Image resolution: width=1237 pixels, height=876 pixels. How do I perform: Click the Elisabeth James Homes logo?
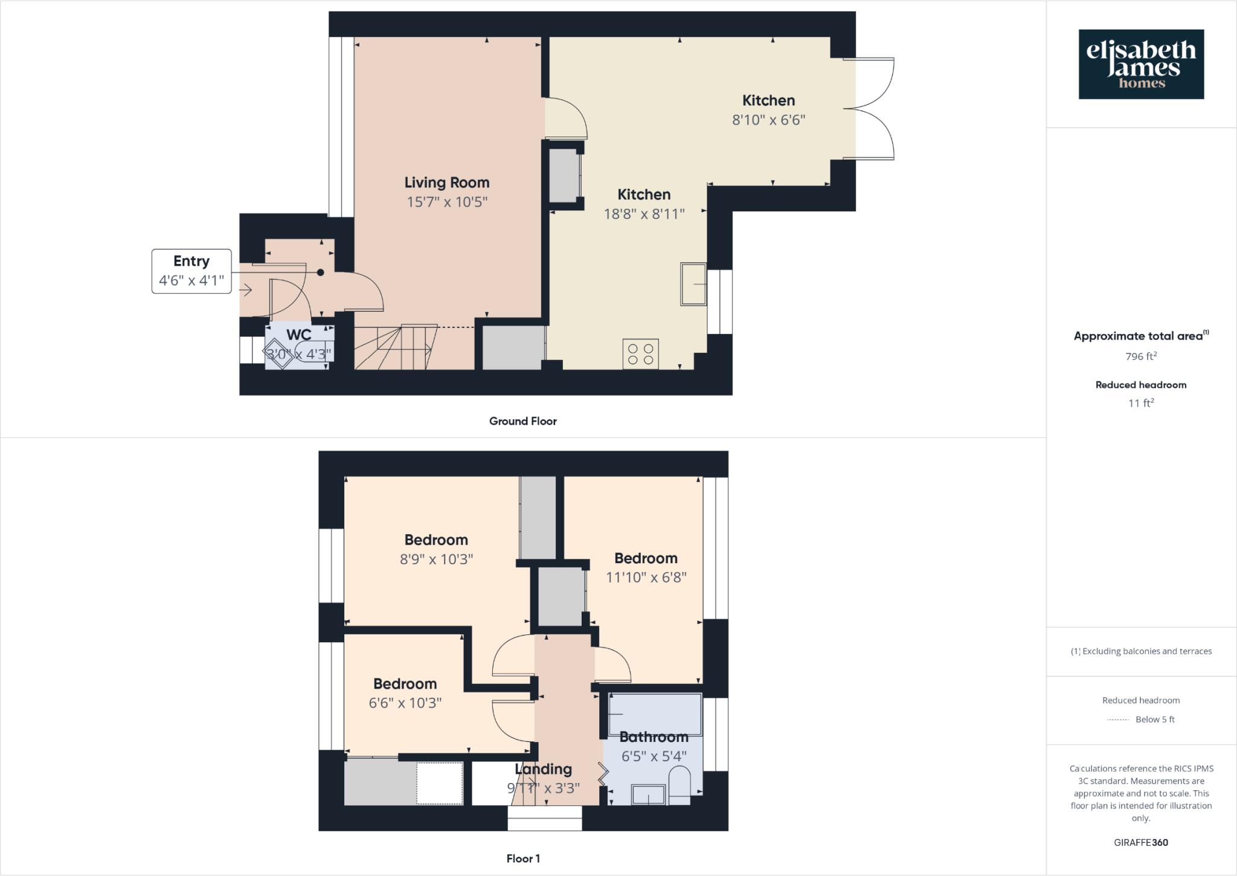pos(1141,64)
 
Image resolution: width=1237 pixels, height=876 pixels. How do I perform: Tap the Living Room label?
pos(446,182)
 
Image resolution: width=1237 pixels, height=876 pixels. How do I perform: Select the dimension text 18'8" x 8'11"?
pos(644,214)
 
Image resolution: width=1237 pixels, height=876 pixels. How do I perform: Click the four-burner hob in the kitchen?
pos(640,354)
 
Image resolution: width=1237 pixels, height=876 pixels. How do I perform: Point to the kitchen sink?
pos(693,284)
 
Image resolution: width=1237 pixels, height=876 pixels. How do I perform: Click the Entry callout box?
pos(191,271)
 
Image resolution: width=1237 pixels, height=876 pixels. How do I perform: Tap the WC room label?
pos(299,335)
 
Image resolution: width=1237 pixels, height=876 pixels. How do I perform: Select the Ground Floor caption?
pos(522,421)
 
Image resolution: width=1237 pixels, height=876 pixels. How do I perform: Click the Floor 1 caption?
pos(523,858)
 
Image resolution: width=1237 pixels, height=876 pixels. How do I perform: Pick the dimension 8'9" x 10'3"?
pos(436,559)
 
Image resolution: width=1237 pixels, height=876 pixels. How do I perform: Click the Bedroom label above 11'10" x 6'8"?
pos(646,558)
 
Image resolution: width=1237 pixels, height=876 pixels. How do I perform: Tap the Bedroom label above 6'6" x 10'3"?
pos(405,684)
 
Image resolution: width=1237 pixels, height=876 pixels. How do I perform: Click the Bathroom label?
pos(654,737)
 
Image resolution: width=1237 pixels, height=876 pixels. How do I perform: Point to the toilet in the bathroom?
pos(680,785)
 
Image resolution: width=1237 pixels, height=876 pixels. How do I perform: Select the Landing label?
pos(543,769)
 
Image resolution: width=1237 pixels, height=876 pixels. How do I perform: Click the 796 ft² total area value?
pos(1140,356)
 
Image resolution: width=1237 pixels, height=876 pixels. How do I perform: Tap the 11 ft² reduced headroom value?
pos(1140,403)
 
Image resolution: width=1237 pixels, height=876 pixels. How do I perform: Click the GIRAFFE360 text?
pos(1140,843)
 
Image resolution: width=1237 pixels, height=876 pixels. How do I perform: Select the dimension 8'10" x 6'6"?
pos(768,120)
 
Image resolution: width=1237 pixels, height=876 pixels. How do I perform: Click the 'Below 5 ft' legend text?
pos(1155,720)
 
